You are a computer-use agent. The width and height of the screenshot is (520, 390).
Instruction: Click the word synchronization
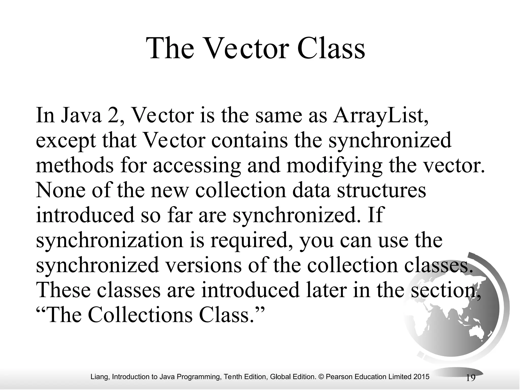(x=109, y=241)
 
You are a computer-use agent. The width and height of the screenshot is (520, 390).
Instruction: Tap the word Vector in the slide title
(x=245, y=48)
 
